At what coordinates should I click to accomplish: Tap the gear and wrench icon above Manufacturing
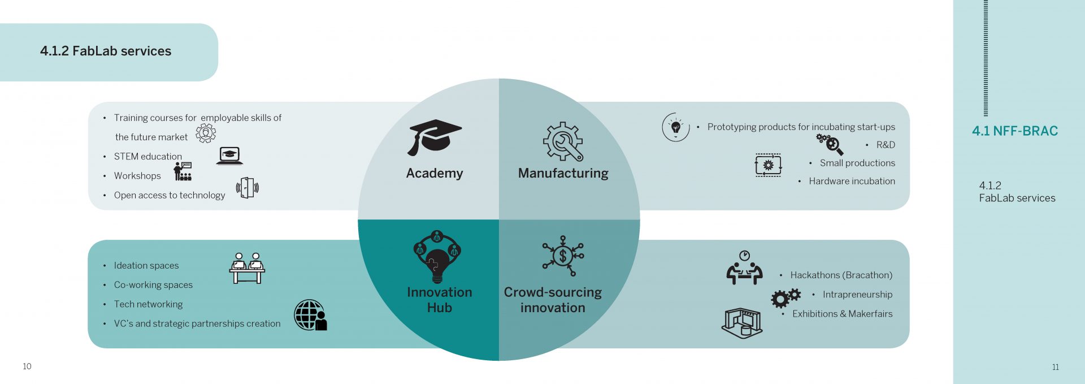[563, 141]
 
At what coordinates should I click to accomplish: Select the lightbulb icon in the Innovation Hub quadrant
[437, 257]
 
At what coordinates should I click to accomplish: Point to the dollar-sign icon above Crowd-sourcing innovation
[563, 256]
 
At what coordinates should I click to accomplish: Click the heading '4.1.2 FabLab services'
[106, 51]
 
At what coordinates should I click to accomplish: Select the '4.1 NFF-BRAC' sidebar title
[1014, 131]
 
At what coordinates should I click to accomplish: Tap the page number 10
[27, 366]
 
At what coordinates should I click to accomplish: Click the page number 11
[1055, 367]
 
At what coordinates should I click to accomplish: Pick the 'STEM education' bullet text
[148, 157]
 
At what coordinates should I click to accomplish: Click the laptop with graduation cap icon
[229, 156]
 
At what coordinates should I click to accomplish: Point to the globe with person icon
[310, 315]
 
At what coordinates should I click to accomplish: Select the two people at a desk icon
[247, 268]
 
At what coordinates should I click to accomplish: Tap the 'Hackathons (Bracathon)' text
[841, 275]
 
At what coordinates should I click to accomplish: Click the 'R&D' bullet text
[886, 145]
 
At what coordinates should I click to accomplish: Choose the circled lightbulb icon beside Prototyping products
[676, 127]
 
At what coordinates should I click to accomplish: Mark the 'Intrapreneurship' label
[857, 295]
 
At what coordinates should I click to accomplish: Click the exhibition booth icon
[742, 323]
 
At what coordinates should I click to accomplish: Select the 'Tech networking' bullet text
[148, 304]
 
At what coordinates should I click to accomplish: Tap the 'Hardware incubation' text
[852, 181]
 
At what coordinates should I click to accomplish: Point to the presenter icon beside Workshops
[183, 171]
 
